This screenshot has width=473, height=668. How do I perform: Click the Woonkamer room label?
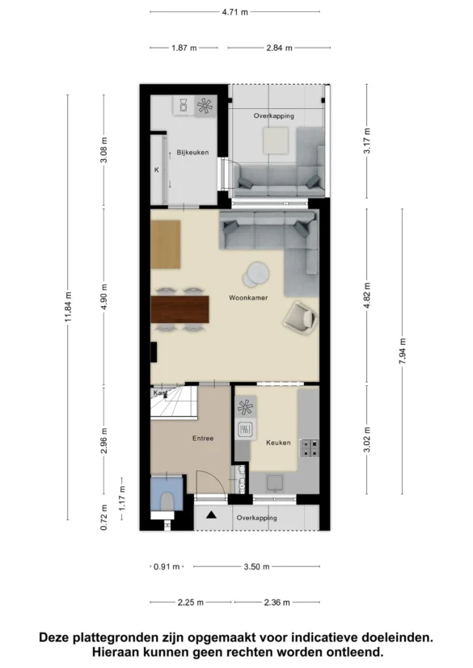[248, 298]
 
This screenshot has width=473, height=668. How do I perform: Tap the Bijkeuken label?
[192, 152]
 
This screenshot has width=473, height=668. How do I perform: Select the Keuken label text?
[278, 443]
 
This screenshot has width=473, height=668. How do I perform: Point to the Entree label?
[203, 438]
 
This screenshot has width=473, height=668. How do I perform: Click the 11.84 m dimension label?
[68, 307]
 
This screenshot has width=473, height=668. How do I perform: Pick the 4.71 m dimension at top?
[234, 12]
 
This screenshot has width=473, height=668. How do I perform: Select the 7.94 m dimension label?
[402, 351]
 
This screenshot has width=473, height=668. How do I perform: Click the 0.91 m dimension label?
[167, 566]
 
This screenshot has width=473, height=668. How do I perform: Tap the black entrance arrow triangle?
[212, 515]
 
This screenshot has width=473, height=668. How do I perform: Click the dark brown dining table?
[180, 309]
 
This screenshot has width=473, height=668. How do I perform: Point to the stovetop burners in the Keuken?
[309, 448]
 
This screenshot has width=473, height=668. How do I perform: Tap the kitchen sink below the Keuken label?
[274, 484]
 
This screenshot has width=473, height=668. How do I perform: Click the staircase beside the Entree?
[174, 403]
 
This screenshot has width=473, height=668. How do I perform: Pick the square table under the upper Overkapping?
[276, 141]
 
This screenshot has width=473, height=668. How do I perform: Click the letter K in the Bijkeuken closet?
[157, 170]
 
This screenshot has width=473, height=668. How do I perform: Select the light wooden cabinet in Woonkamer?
[166, 245]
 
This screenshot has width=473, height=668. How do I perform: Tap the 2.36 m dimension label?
[277, 603]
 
